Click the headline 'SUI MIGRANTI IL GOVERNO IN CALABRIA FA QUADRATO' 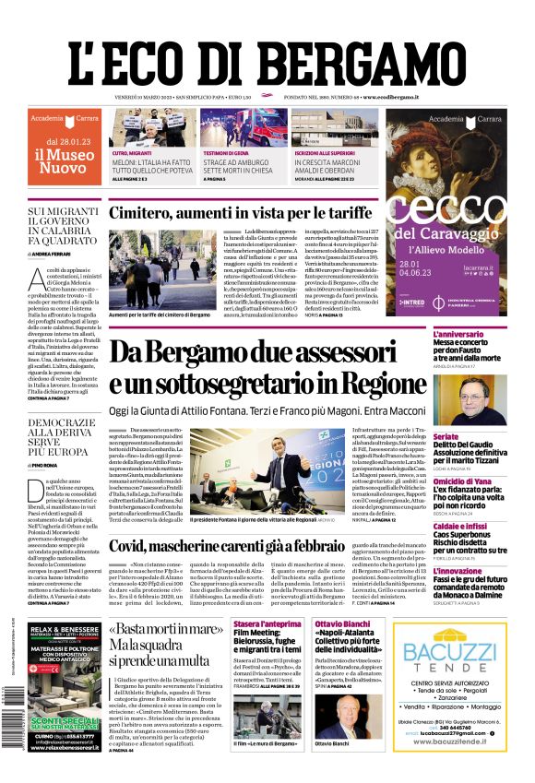point(64,227)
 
